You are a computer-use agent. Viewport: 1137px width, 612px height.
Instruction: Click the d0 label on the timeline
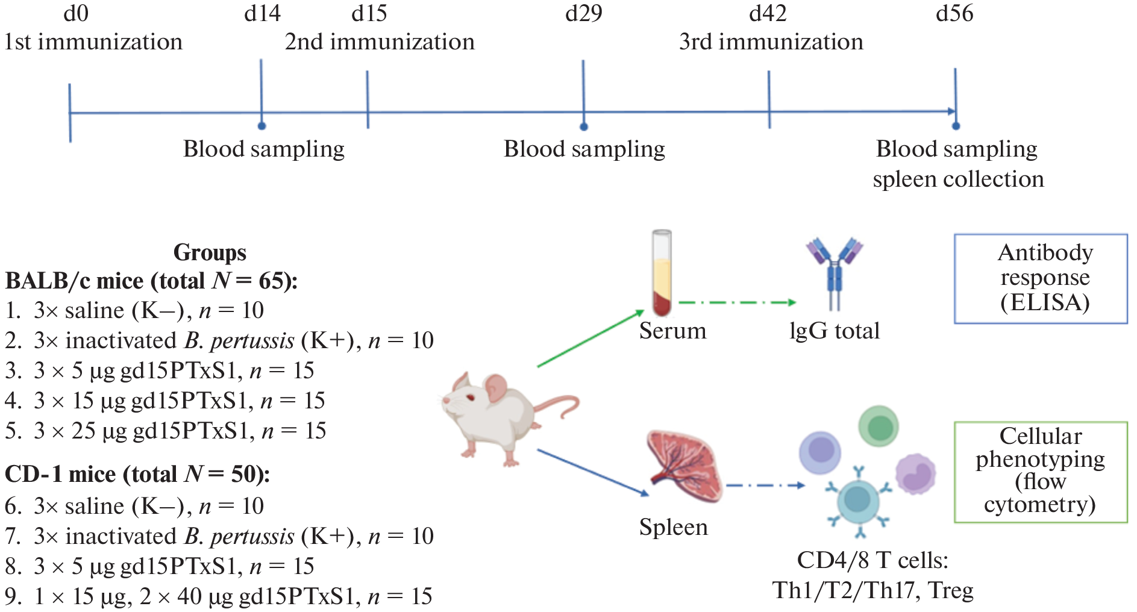(x=76, y=13)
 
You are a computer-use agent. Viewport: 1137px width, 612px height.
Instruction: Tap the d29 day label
(x=583, y=13)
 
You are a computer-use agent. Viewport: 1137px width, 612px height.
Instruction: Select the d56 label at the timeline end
(x=954, y=13)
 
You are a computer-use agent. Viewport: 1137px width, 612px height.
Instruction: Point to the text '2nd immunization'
(x=380, y=42)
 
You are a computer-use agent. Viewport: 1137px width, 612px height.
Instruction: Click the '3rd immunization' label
(x=771, y=42)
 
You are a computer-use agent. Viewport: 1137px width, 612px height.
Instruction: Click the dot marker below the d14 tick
(x=262, y=126)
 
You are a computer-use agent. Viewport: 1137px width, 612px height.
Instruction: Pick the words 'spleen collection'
(x=958, y=180)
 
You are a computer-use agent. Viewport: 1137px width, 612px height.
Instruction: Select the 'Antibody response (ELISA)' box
(x=1041, y=278)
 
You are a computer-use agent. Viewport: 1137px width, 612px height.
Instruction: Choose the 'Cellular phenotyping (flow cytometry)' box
(x=1041, y=472)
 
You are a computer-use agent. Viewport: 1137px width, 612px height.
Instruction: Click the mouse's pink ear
(x=496, y=388)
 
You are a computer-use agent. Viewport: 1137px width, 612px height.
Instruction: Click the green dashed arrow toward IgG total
(x=736, y=302)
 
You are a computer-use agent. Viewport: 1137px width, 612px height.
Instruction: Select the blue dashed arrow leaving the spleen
(x=765, y=485)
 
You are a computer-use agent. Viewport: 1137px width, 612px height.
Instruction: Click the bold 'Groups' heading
(x=210, y=252)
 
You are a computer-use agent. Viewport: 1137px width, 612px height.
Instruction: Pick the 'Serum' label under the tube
(x=672, y=331)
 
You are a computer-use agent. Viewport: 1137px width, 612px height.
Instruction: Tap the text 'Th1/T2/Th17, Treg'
(x=872, y=590)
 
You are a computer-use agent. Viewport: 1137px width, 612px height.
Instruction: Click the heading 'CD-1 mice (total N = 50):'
(x=137, y=475)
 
